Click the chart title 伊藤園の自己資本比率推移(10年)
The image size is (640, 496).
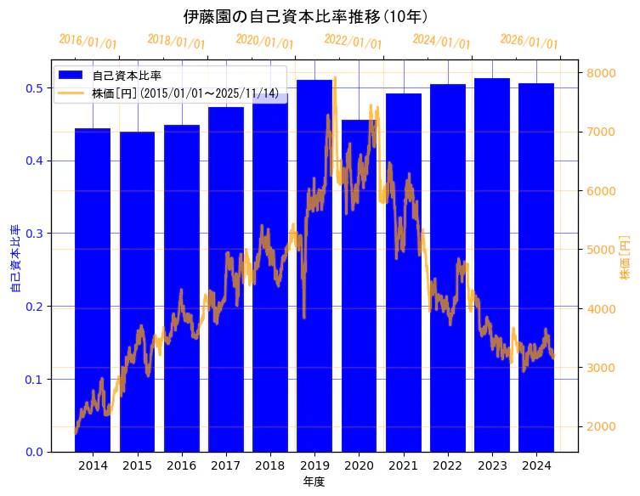[305, 16]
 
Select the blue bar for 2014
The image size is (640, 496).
[93, 289]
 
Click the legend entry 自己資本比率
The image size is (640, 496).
[127, 76]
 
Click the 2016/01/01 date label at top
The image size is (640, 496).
[88, 42]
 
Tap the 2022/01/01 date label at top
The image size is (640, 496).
[353, 42]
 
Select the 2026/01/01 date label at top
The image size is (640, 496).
[529, 42]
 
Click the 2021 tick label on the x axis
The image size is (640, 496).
[403, 466]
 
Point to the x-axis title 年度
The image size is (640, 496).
[314, 482]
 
